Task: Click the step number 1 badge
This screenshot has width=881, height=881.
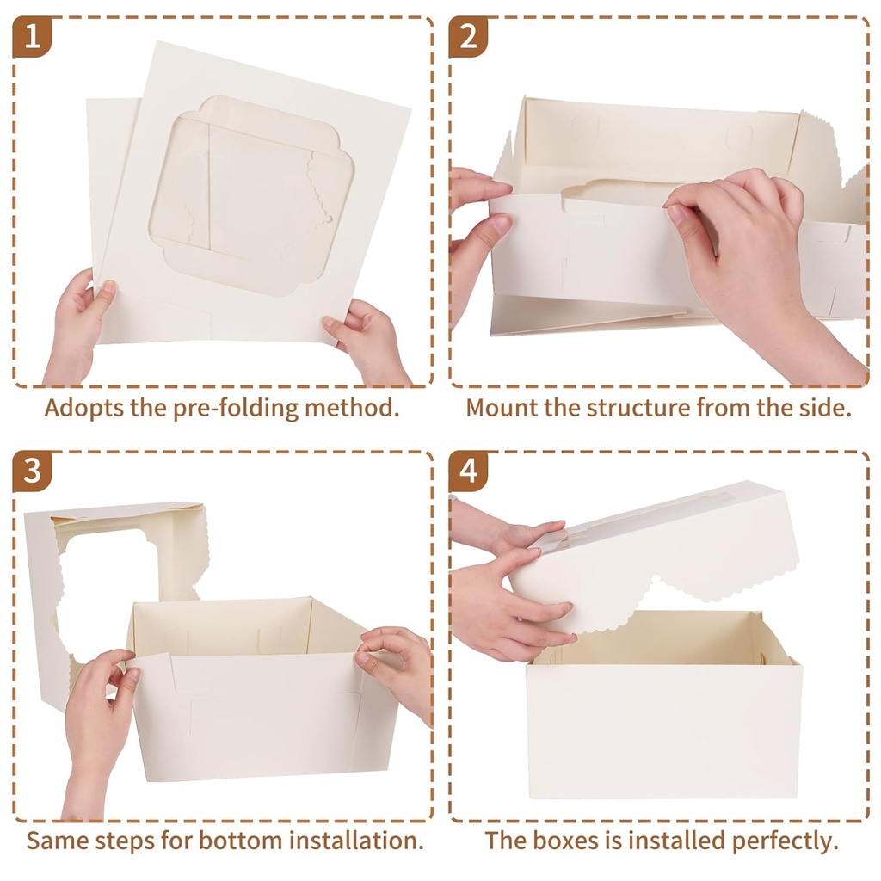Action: click(32, 37)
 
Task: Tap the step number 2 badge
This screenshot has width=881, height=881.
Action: click(468, 37)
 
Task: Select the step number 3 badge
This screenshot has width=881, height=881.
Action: click(32, 471)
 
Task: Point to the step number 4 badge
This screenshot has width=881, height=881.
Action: click(468, 471)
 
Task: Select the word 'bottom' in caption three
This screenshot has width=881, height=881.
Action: click(233, 840)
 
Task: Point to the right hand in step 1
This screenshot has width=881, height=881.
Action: click(366, 340)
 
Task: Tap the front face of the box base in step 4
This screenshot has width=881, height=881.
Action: click(662, 731)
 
